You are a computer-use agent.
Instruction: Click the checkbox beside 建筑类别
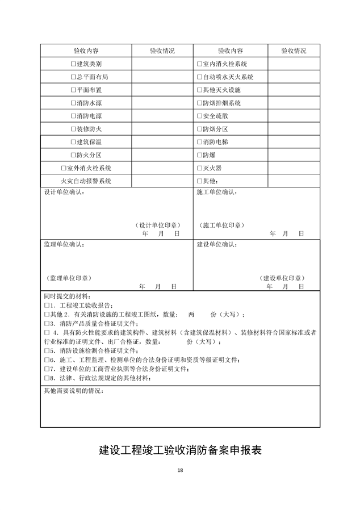(73, 64)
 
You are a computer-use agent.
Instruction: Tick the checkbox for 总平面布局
(73, 77)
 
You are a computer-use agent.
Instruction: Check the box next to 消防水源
(73, 103)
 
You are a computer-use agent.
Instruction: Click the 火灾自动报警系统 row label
(86, 181)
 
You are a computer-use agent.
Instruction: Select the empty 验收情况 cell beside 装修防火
(162, 129)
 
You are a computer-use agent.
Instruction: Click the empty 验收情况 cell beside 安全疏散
(293, 116)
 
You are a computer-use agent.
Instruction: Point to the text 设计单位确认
(64, 193)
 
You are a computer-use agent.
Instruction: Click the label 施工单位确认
(217, 193)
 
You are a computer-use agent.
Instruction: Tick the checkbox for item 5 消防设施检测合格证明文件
(47, 352)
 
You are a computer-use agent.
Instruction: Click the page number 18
(180, 470)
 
